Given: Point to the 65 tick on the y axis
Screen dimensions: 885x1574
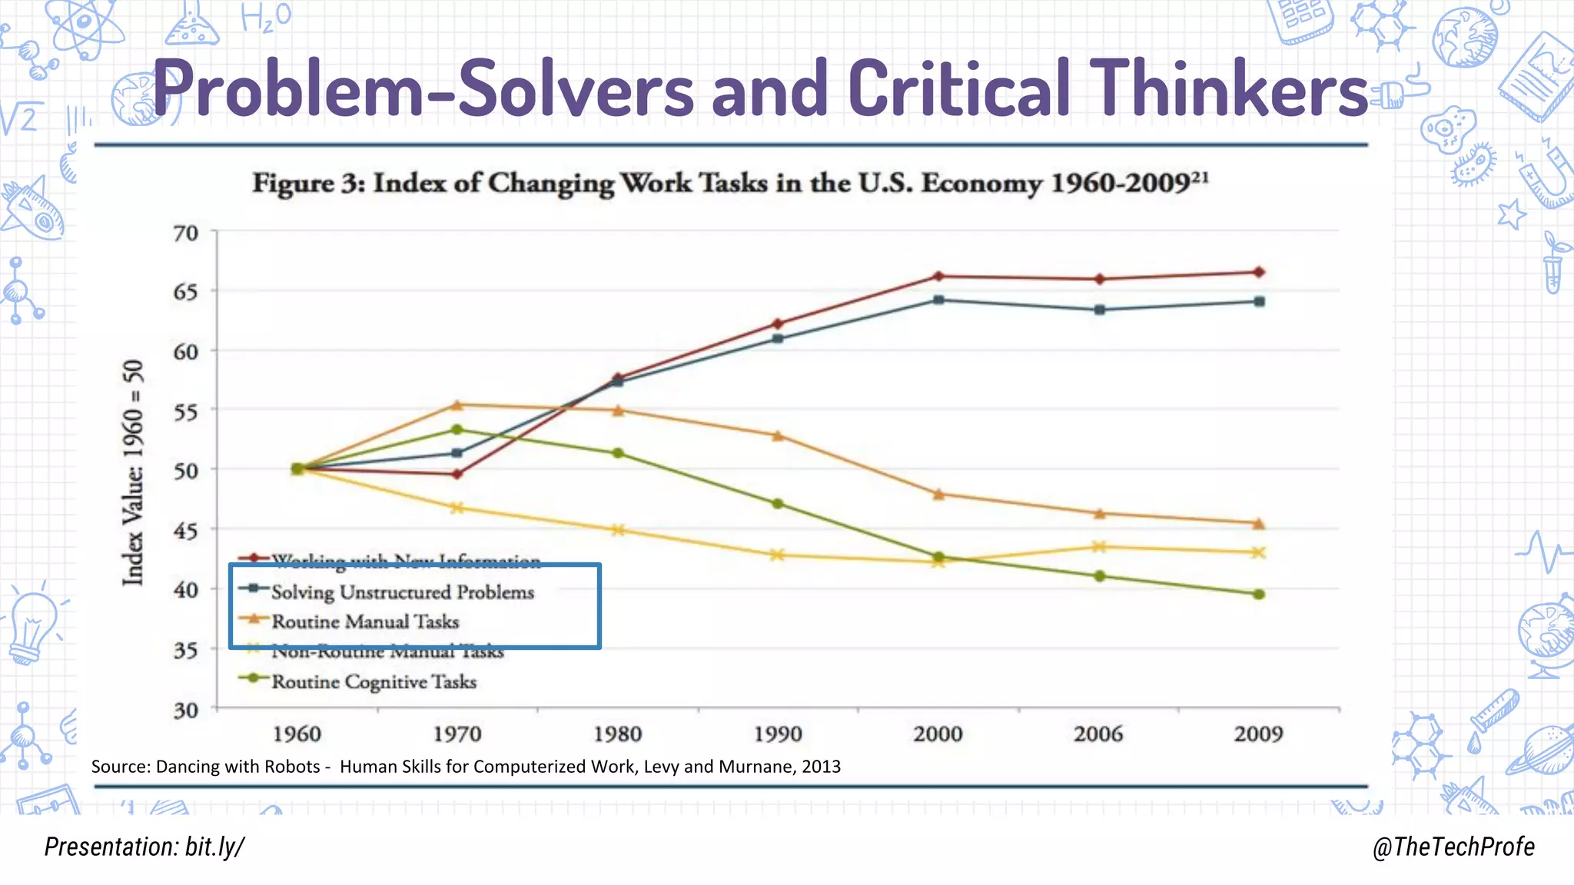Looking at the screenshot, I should point(186,292).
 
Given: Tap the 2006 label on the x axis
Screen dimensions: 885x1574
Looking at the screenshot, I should point(1098,734).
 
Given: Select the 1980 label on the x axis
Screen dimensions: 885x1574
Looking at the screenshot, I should point(618,734).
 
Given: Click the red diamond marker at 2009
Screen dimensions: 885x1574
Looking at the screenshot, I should point(1259,272).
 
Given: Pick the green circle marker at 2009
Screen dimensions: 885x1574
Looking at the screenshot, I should point(1259,594).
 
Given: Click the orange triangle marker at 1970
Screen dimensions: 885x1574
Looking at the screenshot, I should point(457,405).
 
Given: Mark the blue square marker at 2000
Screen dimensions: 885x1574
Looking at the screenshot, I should point(938,300).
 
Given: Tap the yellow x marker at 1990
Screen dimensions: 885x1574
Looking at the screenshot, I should point(777,555).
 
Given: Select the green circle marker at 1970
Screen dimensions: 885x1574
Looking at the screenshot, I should point(457,429).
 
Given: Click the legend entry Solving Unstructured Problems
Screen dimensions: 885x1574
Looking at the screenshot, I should point(402,592).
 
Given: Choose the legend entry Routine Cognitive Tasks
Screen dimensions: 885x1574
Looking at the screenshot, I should point(374,681).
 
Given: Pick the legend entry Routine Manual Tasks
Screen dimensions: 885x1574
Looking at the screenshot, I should point(365,621).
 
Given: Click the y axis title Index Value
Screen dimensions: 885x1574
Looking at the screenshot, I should point(133,472).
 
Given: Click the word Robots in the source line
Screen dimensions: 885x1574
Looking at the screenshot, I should point(291,766).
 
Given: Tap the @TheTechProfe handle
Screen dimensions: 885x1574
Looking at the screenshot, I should point(1453,847).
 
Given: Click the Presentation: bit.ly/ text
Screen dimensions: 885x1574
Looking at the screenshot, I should point(144,847).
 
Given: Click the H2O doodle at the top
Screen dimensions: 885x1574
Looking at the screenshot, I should point(265,17).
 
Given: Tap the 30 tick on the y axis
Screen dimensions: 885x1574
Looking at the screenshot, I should point(186,710).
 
